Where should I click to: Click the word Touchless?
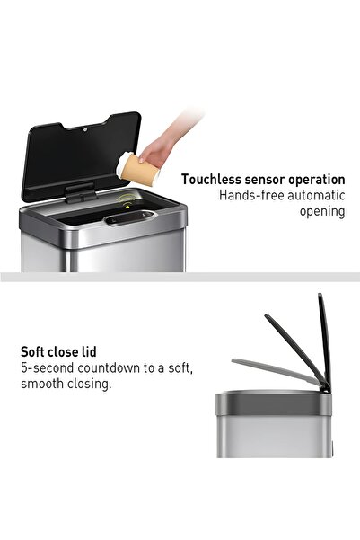pos(212,180)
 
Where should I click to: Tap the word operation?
pos(317,180)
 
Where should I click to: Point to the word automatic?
pos(315,196)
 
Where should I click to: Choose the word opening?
pos(322,212)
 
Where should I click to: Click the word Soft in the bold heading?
pos(34,352)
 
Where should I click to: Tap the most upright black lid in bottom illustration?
pos(324,341)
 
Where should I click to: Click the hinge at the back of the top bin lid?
pos(79,192)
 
